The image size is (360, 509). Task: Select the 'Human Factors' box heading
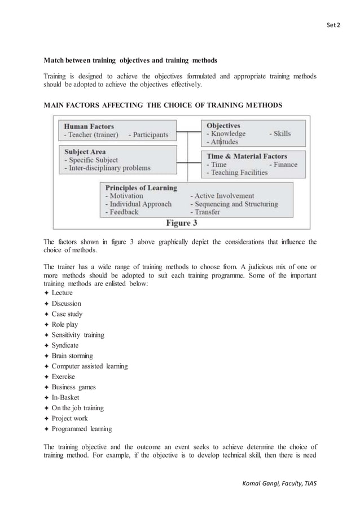coord(89,126)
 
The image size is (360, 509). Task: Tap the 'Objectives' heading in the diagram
coord(223,125)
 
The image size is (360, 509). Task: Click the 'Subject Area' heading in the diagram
coord(85,152)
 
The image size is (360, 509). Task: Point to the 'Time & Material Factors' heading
coord(247,156)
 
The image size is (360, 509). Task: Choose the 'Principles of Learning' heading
coord(141,187)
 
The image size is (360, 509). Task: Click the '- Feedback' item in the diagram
coord(121,212)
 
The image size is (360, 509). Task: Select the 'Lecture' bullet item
coord(62,293)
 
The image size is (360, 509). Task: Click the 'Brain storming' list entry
coord(72,356)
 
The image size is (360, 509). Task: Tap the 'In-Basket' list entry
coord(65,397)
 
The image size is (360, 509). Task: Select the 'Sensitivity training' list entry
coord(78,335)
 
